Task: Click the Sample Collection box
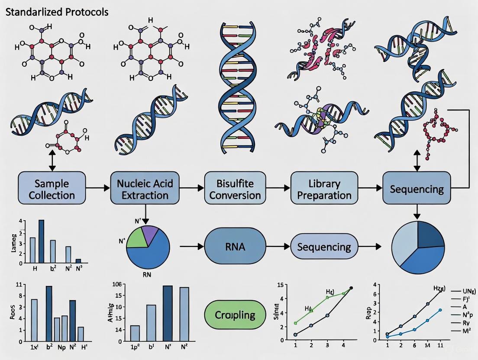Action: point(52,189)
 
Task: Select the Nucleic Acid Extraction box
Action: point(145,189)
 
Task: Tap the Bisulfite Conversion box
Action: point(235,189)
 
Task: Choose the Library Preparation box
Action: point(324,189)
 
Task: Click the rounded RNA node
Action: point(235,247)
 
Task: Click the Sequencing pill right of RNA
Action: point(324,247)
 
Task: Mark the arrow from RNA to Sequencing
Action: point(278,247)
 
